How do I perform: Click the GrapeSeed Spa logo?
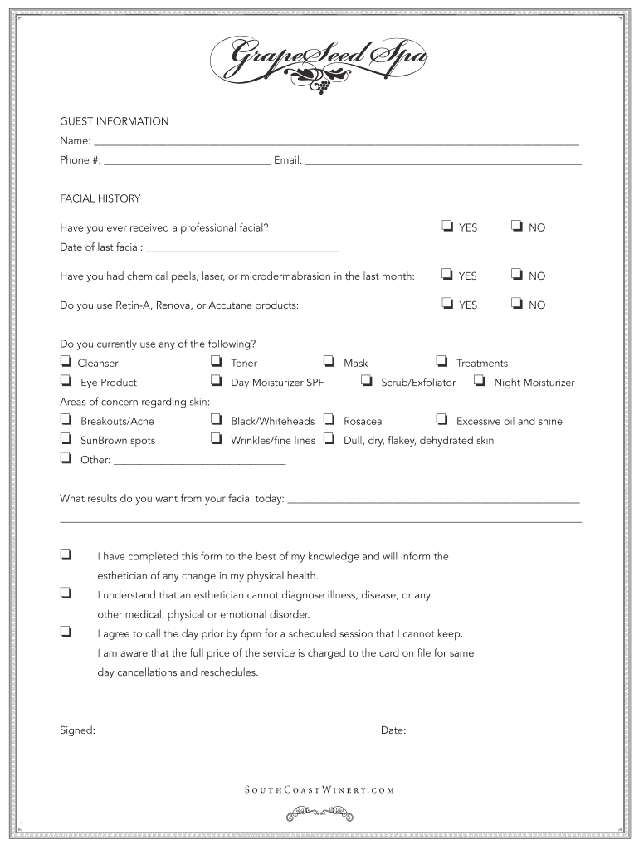[x=319, y=61]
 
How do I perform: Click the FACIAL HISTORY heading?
[x=100, y=199]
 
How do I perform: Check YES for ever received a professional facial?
[x=446, y=226]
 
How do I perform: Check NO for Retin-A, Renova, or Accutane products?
[x=516, y=304]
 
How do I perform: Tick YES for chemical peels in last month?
[x=446, y=275]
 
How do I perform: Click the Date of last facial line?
[x=242, y=247]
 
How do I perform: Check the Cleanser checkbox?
[x=65, y=362]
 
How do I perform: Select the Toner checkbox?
[x=216, y=362]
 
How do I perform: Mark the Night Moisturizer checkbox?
[x=479, y=381]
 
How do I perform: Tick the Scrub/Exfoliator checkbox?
[x=366, y=381]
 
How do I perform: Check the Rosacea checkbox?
[x=329, y=420]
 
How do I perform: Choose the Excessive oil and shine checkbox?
[x=441, y=420]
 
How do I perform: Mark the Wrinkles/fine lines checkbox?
[x=216, y=439]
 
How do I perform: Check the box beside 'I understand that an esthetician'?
[x=65, y=594]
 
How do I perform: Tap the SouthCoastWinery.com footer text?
[x=319, y=790]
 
